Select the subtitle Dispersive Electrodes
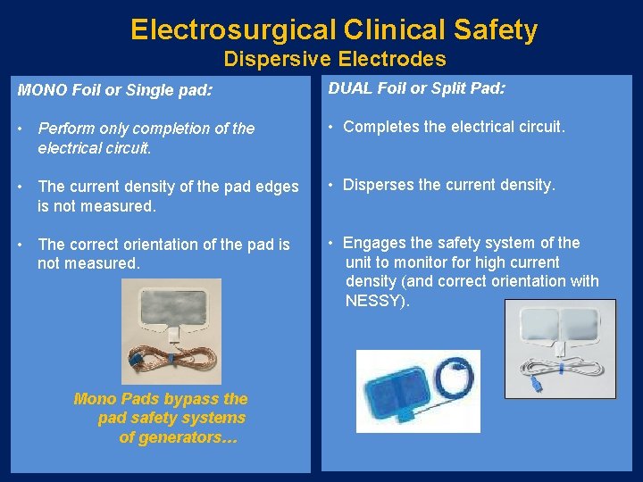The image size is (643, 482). tap(335, 59)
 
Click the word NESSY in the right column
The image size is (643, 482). tap(375, 301)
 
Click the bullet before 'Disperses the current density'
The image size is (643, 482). tap(330, 186)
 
